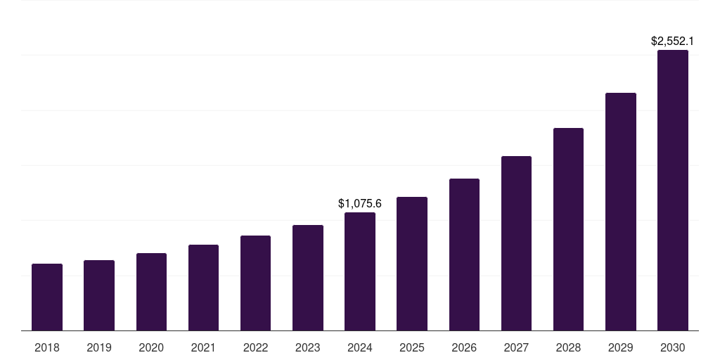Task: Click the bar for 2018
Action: pos(47,297)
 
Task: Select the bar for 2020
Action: pos(151,292)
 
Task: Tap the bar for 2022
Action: pos(255,283)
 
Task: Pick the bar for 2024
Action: pos(360,271)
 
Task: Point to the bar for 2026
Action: pos(464,255)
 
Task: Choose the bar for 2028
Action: pos(568,229)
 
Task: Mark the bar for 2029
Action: pos(620,212)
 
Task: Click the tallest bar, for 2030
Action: pos(673,190)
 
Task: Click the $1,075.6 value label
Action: pos(360,204)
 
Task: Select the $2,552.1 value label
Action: pos(673,41)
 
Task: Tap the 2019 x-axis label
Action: pos(99,348)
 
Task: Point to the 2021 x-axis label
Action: pos(203,348)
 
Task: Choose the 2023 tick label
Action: pos(307,348)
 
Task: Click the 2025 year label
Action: pos(412,348)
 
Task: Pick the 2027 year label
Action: pos(516,348)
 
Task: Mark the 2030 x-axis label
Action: pos(673,348)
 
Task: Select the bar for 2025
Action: pos(412,264)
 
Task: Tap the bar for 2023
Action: pos(307,278)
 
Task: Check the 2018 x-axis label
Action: pos(47,348)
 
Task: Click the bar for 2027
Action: pos(516,243)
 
